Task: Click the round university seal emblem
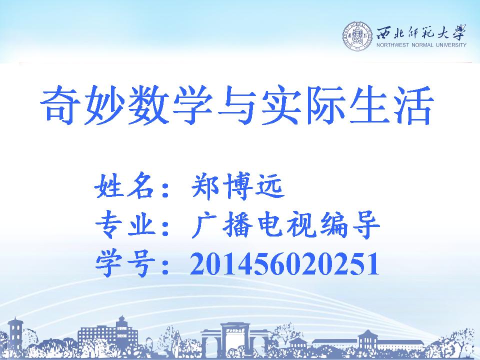(357, 36)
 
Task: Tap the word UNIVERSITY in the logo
(450, 45)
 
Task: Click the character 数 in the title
(149, 105)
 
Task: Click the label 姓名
(123, 186)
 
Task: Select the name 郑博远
(237, 186)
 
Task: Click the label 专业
(125, 225)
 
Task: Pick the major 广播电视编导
(285, 225)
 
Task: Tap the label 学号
(125, 264)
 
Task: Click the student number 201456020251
(284, 264)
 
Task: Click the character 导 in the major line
(365, 225)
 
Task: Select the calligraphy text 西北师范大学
(421, 32)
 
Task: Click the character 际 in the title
(324, 105)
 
